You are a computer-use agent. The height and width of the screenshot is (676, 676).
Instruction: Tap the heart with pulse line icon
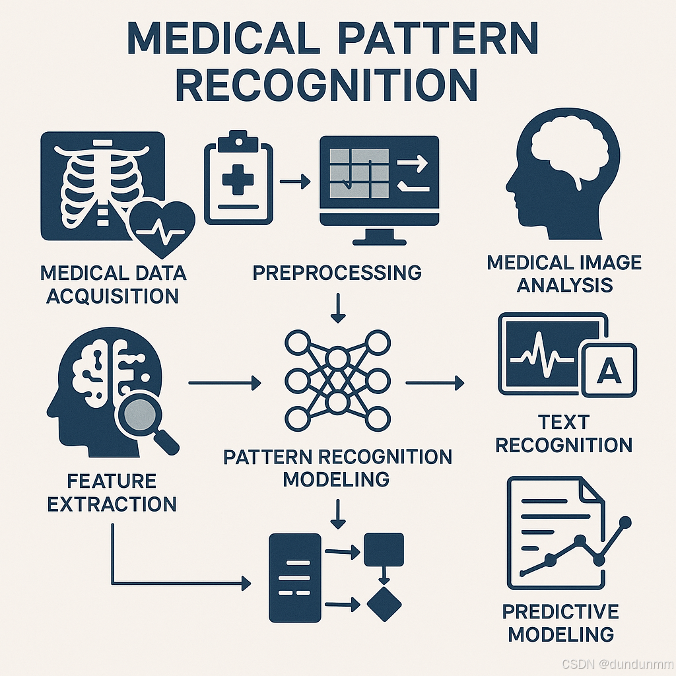pyautogui.click(x=162, y=228)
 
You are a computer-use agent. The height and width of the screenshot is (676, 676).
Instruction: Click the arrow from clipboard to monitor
pyautogui.click(x=294, y=180)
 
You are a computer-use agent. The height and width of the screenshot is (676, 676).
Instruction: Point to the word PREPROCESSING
pyautogui.click(x=337, y=272)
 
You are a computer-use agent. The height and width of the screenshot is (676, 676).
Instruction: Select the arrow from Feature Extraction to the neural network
pyautogui.click(x=224, y=382)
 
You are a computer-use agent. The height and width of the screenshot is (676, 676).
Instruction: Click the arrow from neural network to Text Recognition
pyautogui.click(x=434, y=382)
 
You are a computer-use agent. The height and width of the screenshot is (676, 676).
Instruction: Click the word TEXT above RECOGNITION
pyautogui.click(x=563, y=422)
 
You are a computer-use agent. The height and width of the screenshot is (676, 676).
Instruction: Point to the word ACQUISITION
pyautogui.click(x=112, y=296)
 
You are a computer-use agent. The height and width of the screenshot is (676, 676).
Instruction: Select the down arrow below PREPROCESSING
pyautogui.click(x=338, y=308)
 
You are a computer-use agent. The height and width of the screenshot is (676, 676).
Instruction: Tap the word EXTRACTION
pyautogui.click(x=112, y=504)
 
